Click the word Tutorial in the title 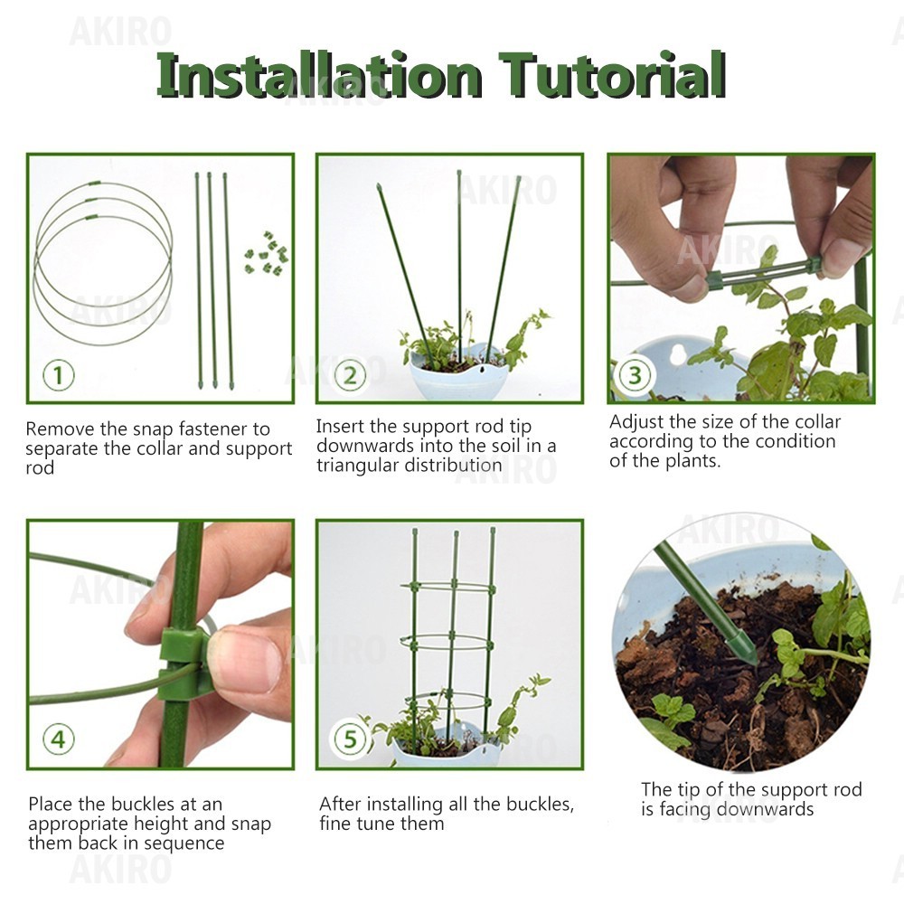click(x=612, y=74)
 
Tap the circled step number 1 click(x=58, y=375)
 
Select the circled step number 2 click(x=350, y=375)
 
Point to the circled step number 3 click(x=635, y=375)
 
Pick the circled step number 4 click(x=58, y=739)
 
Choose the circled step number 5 click(x=350, y=739)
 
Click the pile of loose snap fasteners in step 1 click(x=267, y=254)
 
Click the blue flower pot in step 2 click(x=459, y=373)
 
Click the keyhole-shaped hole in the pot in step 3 click(x=679, y=354)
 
